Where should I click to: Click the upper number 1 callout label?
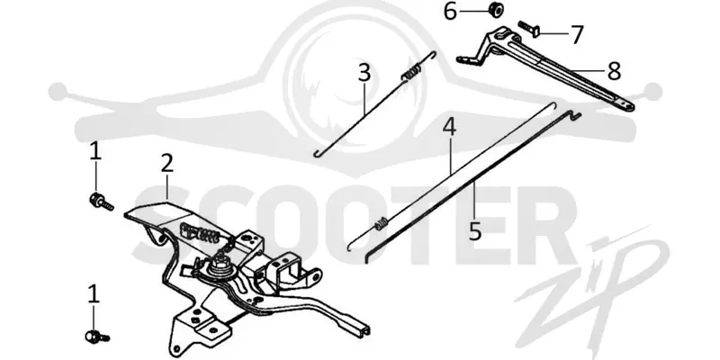[x=95, y=151]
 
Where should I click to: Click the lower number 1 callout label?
[x=94, y=294]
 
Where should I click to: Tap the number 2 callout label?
[x=166, y=163]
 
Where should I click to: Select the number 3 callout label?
[x=364, y=73]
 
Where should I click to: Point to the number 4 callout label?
[x=449, y=127]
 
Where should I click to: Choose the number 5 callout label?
[x=475, y=231]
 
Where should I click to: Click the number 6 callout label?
[x=451, y=11]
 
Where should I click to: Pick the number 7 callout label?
[x=576, y=34]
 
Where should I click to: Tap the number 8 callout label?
[x=614, y=71]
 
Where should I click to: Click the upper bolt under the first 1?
[x=101, y=202]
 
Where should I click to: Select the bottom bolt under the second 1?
[x=97, y=337]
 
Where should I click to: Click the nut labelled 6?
[x=495, y=9]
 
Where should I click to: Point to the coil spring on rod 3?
[x=411, y=73]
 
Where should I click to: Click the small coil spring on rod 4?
[x=382, y=224]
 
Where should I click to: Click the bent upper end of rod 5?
[x=574, y=115]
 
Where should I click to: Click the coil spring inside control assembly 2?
[x=200, y=233]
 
